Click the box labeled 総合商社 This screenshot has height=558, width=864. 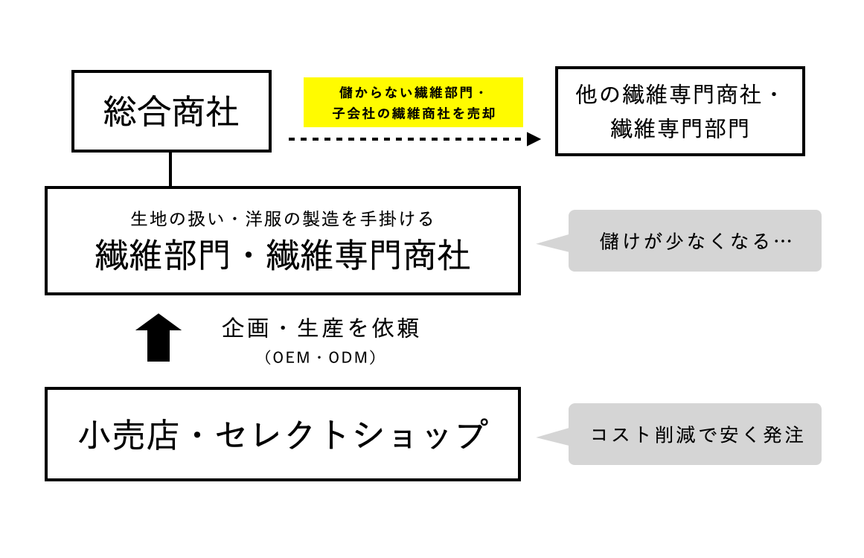point(171,112)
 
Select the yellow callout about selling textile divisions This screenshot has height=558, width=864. point(413,103)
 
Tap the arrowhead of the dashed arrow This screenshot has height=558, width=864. point(534,139)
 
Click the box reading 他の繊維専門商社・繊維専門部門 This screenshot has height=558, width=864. point(679,112)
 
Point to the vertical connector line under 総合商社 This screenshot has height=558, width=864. point(171,169)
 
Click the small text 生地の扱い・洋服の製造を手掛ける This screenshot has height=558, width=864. point(282,219)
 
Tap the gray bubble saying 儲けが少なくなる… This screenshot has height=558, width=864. point(694,241)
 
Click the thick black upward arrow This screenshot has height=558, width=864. point(159,338)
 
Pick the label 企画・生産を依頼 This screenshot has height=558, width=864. point(321,328)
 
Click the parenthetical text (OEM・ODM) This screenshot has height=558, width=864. point(321,358)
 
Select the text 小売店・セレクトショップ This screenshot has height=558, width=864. point(282,435)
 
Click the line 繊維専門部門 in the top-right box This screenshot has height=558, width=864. point(679,129)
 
